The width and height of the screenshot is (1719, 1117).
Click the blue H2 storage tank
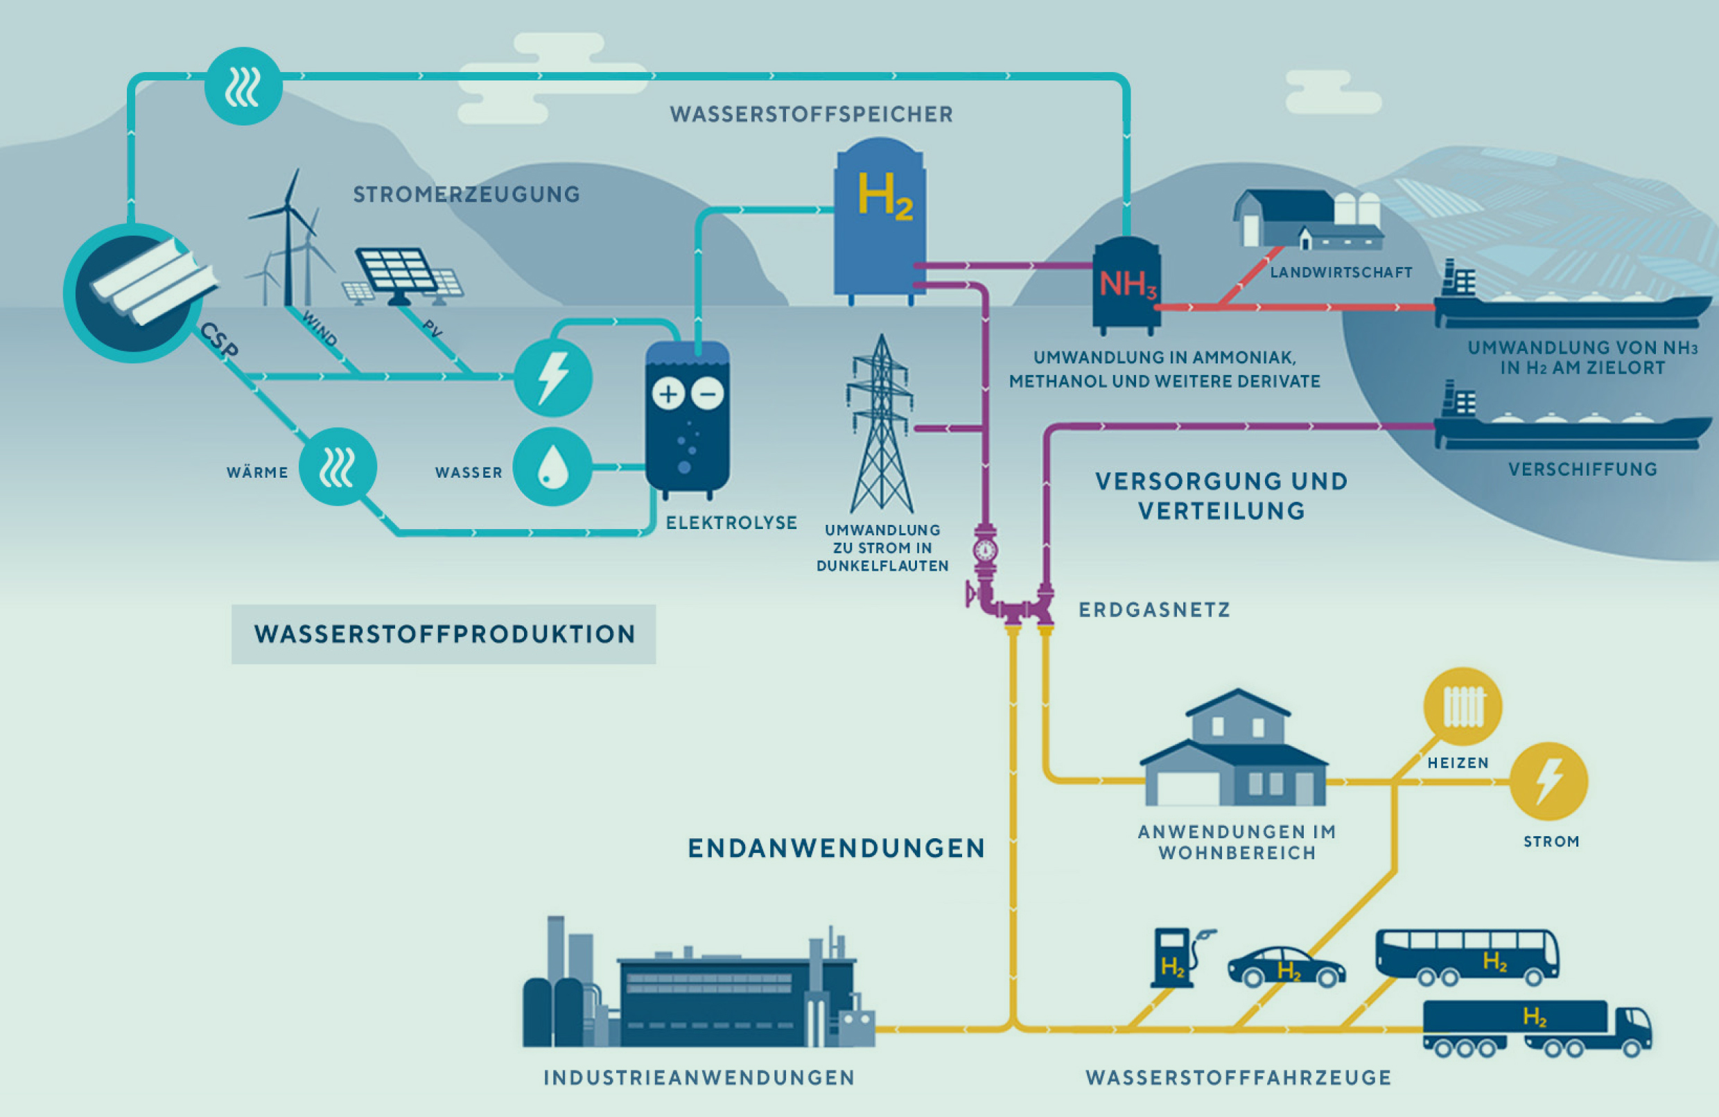pos(880,221)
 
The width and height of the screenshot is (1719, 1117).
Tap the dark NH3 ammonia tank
pos(1127,286)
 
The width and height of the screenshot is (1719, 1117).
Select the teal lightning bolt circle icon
pos(553,377)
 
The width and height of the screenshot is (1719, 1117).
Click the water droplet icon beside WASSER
pos(552,467)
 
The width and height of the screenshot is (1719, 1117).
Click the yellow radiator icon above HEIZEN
pos(1463,707)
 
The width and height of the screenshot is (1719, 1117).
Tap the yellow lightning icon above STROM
pos(1548,781)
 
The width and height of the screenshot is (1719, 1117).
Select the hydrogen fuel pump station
pos(1178,958)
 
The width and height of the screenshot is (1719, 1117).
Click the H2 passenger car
pos(1286,967)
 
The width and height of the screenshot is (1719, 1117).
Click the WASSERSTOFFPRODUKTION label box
pos(444,634)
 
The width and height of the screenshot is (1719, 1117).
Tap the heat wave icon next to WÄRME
pos(338,467)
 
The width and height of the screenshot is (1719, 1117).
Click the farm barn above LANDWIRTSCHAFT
pos(1307,220)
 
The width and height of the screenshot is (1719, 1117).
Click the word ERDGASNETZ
pos(1154,609)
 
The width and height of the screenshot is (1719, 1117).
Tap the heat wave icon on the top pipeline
pos(243,86)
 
